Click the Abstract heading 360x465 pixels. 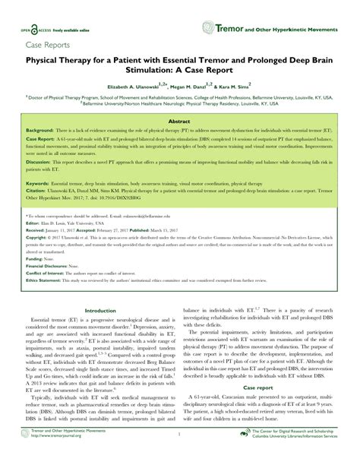click(x=179, y=121)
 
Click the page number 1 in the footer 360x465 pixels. click(x=179, y=457)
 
